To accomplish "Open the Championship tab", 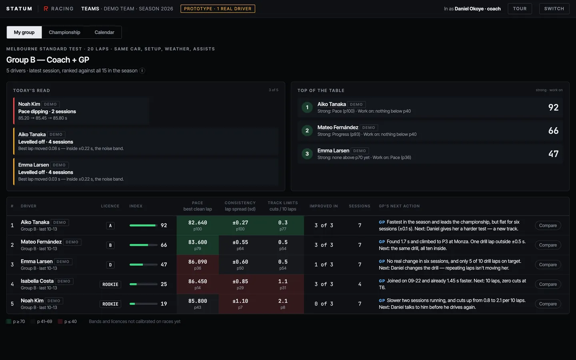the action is [x=64, y=32].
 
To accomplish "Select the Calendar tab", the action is [x=104, y=32].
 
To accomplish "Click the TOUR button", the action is [x=520, y=8].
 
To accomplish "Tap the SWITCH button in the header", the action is [x=554, y=8].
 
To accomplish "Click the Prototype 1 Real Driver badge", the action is [x=218, y=8].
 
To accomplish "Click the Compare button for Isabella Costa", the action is [x=548, y=284].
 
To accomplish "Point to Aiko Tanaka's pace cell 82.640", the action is [x=198, y=225].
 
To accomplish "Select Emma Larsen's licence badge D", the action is [x=110, y=265].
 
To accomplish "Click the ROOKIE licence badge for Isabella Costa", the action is [x=110, y=284].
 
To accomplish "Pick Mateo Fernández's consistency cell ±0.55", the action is [x=240, y=245].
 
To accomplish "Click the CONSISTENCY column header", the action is [x=240, y=203].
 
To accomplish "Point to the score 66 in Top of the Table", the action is [x=553, y=130].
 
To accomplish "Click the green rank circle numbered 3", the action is [x=307, y=154].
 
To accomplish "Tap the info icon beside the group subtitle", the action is [x=142, y=70].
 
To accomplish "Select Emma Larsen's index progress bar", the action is [x=144, y=265].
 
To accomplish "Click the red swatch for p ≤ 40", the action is [x=60, y=322].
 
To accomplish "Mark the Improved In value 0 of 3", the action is [x=324, y=304].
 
